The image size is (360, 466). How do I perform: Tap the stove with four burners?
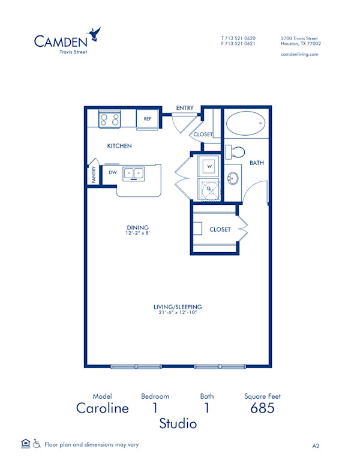(x=110, y=118)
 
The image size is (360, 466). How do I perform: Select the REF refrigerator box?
(x=148, y=119)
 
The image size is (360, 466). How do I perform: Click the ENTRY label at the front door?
(x=185, y=108)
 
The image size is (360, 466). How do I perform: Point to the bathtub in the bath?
(x=245, y=125)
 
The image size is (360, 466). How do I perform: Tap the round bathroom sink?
(x=233, y=178)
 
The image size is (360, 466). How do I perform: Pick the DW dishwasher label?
(x=112, y=173)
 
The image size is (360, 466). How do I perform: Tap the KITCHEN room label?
(x=119, y=146)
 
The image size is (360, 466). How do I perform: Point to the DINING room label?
(x=137, y=227)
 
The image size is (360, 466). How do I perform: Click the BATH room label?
(x=257, y=163)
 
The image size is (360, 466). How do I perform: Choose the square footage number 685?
(x=262, y=408)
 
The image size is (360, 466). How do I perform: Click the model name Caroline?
(x=102, y=408)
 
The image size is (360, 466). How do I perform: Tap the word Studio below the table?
(x=178, y=424)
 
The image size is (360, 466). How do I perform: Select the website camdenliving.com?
(x=299, y=54)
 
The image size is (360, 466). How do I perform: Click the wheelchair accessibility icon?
(x=37, y=444)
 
